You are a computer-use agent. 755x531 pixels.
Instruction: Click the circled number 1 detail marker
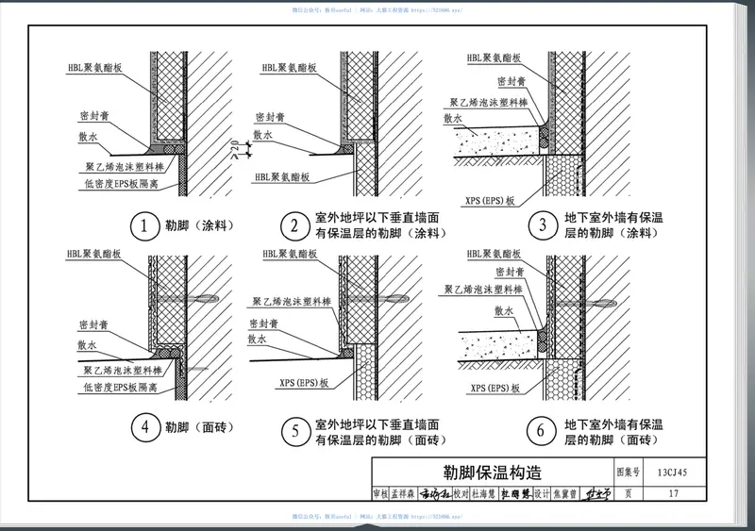143,226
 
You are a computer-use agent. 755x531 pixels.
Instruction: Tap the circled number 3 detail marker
542,226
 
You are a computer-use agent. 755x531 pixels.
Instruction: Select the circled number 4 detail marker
143,429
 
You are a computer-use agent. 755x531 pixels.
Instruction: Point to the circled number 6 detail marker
542,431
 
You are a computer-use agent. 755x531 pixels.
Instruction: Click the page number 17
672,493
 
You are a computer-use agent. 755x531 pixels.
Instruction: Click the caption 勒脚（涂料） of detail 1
199,226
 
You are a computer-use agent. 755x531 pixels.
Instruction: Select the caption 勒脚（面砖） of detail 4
199,429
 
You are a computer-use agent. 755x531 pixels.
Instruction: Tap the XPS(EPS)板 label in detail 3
490,201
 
